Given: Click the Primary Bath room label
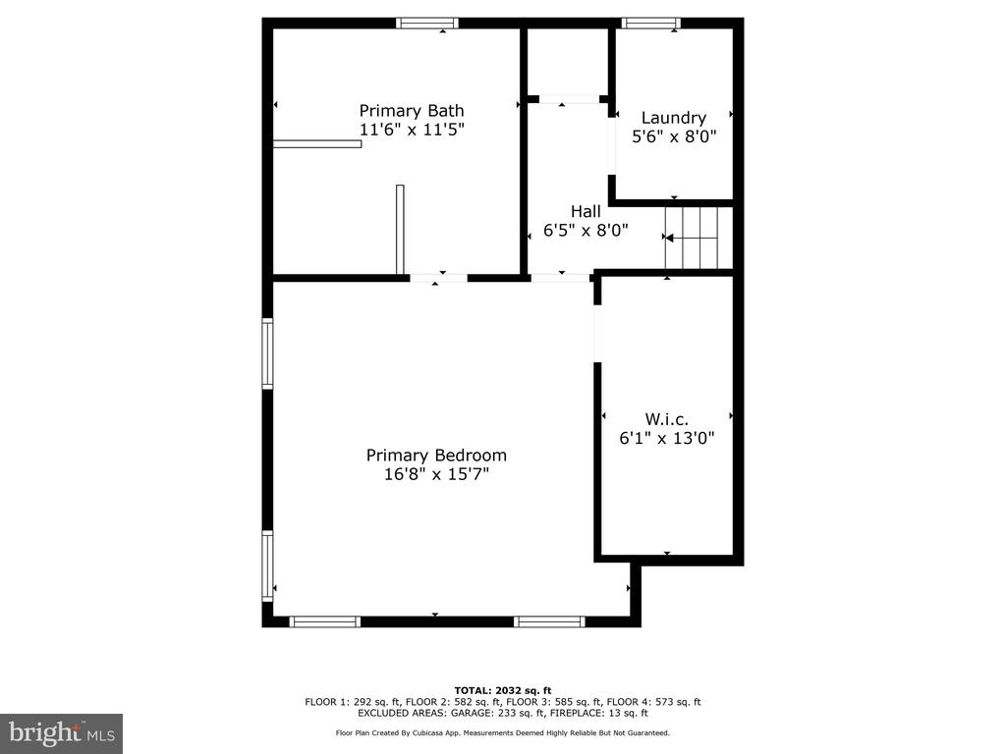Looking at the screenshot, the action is click(x=412, y=111).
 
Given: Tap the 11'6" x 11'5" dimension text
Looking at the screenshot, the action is click(x=412, y=130).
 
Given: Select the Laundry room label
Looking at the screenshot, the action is click(x=674, y=118).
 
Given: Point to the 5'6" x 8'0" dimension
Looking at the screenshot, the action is click(x=674, y=136).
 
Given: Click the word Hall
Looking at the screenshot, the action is click(x=586, y=212).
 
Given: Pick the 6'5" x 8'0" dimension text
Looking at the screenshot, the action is click(x=586, y=230).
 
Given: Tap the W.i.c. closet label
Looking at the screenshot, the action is click(x=667, y=419).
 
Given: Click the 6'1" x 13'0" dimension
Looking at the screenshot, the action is click(x=667, y=438).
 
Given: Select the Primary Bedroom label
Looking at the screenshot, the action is click(x=436, y=456).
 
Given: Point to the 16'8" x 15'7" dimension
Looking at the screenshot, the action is click(x=436, y=474).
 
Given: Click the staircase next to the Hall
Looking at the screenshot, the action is click(x=691, y=238).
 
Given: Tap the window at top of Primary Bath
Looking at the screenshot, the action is click(x=427, y=24).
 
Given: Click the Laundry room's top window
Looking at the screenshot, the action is click(x=650, y=24).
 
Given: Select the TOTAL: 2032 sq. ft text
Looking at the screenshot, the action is click(x=503, y=690).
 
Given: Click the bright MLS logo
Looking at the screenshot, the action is click(x=62, y=733).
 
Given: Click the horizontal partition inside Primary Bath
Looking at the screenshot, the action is click(x=317, y=143).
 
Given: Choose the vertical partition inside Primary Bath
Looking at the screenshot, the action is click(x=401, y=230).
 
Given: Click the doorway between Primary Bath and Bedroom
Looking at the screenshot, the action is click(x=439, y=278).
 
